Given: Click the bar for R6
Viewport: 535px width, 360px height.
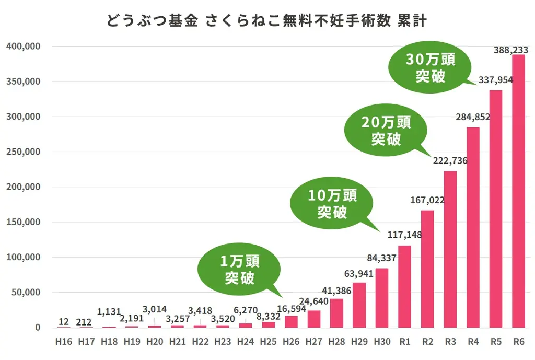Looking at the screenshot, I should (518, 191).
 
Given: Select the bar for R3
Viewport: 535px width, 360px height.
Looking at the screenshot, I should (450, 249).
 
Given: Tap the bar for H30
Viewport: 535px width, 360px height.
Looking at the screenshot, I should (382, 298).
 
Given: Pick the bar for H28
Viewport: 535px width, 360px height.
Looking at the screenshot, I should (336, 313).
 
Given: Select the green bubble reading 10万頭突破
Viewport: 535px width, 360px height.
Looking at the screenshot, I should (332, 203).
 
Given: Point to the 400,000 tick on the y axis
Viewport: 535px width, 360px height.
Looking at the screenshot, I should (24, 47).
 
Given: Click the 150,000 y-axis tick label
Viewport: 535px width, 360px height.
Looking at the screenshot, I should (24, 222).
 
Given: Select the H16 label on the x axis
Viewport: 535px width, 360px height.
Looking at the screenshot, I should (63, 342).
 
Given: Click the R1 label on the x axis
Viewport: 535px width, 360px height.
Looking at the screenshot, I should (404, 342).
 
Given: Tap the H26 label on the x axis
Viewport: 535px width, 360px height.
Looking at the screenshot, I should (291, 342).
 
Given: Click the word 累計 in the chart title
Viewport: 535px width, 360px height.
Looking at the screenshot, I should (412, 21).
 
